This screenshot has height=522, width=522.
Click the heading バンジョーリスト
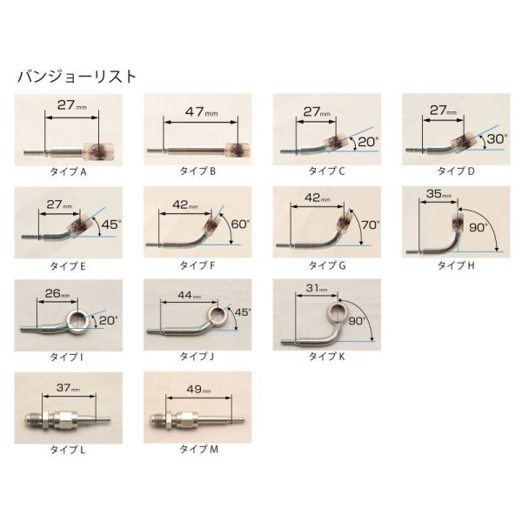point(77,77)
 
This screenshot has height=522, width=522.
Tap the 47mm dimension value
point(201,111)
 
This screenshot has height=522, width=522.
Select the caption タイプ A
point(68,171)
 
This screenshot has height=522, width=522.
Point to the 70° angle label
point(371,225)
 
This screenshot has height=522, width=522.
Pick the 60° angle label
point(240,224)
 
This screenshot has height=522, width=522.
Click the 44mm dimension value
point(190,295)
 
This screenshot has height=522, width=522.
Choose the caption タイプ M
point(198,449)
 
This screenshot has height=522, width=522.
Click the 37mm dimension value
point(68,388)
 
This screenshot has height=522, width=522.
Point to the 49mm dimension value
point(198,389)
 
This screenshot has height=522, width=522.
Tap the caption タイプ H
point(456,265)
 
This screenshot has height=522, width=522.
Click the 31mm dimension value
point(317,288)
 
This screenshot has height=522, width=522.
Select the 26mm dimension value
point(57,294)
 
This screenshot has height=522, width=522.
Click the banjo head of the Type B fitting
point(238,150)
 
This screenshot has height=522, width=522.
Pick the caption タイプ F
point(197,265)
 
